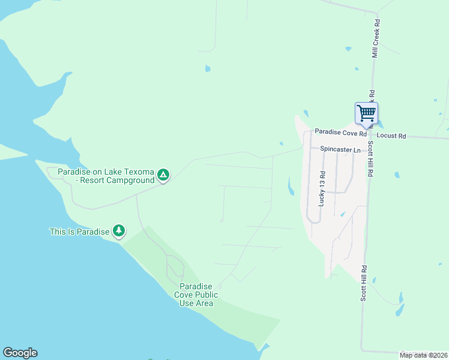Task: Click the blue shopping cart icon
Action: [x=366, y=113]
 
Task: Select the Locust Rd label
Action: [x=391, y=136]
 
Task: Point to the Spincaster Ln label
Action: [x=340, y=149]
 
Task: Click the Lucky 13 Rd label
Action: [x=322, y=190]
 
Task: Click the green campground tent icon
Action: [x=163, y=175]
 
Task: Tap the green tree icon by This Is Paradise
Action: [x=119, y=230]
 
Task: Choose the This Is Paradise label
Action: [x=79, y=231]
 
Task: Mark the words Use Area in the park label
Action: [x=196, y=303]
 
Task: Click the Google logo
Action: [x=20, y=353]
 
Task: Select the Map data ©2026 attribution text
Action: [x=423, y=355]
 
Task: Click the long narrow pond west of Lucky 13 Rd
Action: [x=291, y=186]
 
